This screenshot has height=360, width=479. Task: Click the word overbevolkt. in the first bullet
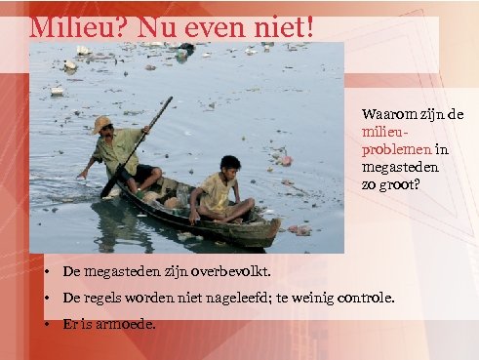[230, 270]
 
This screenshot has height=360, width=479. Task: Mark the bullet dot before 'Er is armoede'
[46, 323]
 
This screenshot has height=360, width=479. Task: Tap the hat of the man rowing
[101, 123]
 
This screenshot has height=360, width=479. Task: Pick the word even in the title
[208, 26]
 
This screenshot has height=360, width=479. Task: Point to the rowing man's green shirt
[116, 151]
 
